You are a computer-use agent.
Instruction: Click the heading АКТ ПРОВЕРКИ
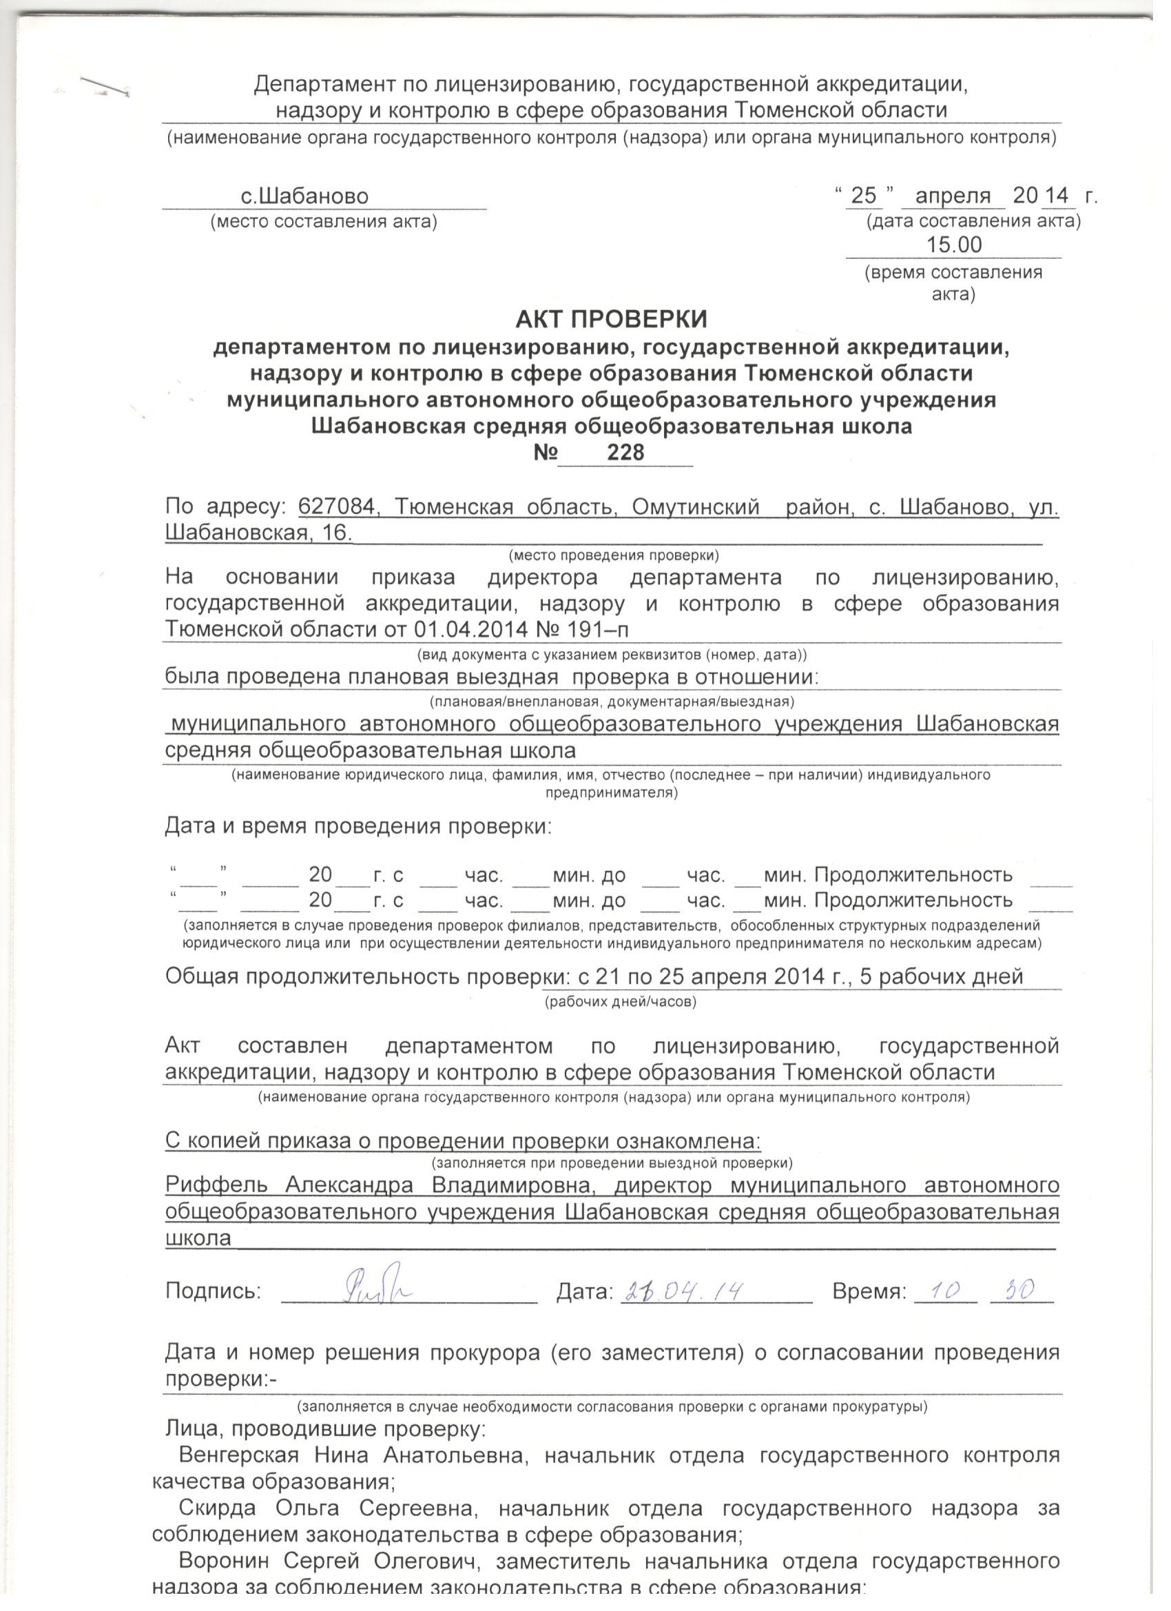coord(611,320)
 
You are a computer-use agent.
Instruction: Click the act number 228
coord(625,452)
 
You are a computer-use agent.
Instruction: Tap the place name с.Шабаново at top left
coord(304,196)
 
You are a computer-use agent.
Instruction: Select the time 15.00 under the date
coord(954,245)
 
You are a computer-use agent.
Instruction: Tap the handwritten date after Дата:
coord(682,1289)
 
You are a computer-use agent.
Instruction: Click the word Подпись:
coord(213,1291)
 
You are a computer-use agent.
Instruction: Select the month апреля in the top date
coord(953,196)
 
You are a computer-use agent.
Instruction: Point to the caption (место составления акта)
coord(323,223)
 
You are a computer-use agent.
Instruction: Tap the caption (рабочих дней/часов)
coord(620,1003)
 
